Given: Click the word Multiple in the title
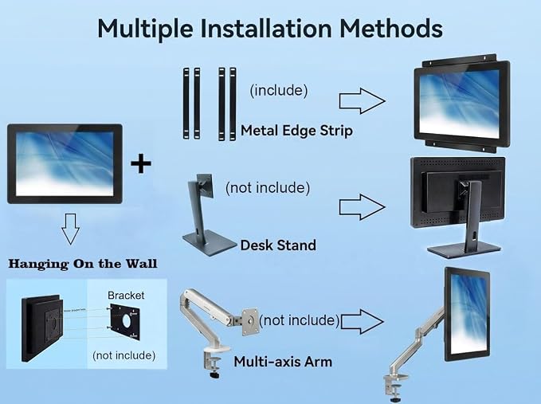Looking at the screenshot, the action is click(145, 29).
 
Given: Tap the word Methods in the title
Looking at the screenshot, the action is click(391, 28).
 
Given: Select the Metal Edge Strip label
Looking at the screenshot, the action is click(296, 131).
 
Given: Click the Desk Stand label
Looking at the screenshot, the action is click(278, 245).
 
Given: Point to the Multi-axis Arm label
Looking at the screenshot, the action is click(283, 362).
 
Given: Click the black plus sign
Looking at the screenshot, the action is click(141, 163).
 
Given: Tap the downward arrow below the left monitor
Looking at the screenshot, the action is click(71, 229).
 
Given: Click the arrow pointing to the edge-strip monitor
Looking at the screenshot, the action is click(362, 100).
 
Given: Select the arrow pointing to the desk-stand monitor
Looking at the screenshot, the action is click(362, 206).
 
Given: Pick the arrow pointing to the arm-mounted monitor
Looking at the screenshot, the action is click(362, 321).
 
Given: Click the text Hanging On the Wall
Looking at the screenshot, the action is click(83, 264).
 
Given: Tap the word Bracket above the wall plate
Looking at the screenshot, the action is click(126, 296).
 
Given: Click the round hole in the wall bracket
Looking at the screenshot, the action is click(127, 321).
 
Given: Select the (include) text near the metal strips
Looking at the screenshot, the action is click(279, 90).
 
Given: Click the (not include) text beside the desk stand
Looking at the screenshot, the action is click(268, 188).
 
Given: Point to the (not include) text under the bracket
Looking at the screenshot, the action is click(123, 355).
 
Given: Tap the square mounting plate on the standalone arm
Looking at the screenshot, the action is click(250, 322).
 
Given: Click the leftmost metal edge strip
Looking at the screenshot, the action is click(186, 104).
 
